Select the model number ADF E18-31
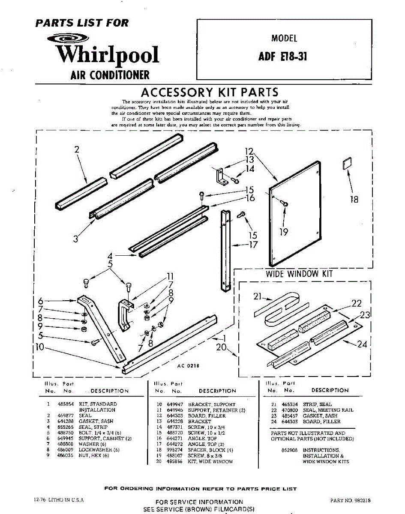pyautogui.click(x=283, y=57)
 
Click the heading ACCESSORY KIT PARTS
pyautogui.click(x=210, y=92)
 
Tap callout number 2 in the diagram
pyautogui.click(x=77, y=149)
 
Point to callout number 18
pyautogui.click(x=354, y=199)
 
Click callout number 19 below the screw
pyautogui.click(x=284, y=232)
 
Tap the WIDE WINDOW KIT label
pyautogui.click(x=299, y=274)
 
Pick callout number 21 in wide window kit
pyautogui.click(x=257, y=296)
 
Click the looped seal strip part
pyautogui.click(x=283, y=308)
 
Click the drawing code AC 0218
pyautogui.click(x=188, y=366)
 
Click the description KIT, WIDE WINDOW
pyautogui.click(x=210, y=462)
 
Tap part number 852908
pyautogui.click(x=289, y=450)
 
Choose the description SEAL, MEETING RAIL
pyautogui.click(x=328, y=410)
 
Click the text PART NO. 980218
pyautogui.click(x=351, y=500)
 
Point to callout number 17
pyautogui.click(x=254, y=245)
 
